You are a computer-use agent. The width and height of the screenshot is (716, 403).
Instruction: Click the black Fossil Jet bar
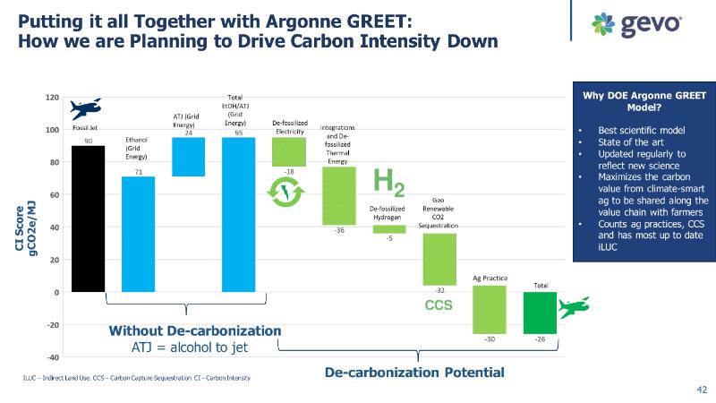click(88, 219)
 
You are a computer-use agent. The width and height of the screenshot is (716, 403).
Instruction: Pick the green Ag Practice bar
click(490, 309)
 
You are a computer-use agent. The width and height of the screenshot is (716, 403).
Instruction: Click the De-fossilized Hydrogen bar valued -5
click(388, 229)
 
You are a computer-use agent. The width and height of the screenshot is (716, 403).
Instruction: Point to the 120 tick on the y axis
click(53, 98)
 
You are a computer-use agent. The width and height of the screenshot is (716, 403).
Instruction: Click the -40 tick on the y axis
click(53, 357)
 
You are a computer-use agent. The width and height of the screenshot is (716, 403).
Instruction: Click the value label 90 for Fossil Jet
click(88, 140)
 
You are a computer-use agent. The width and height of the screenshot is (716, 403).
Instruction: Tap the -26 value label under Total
click(540, 340)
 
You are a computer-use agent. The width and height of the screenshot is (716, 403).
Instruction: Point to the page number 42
click(701, 390)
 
